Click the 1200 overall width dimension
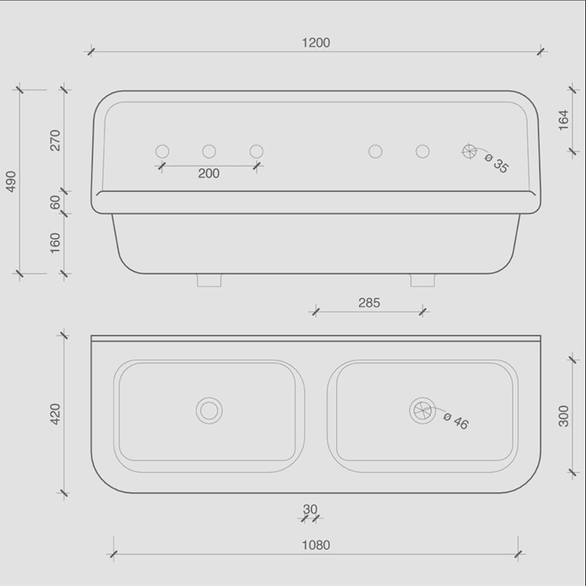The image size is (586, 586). [316, 43]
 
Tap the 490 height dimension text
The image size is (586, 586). [11, 182]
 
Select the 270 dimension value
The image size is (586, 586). [55, 140]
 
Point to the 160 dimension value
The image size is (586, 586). [55, 242]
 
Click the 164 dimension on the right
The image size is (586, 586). [564, 119]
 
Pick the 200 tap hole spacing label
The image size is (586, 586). [209, 174]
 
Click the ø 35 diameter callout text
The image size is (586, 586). [497, 163]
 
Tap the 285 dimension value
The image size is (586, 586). [369, 303]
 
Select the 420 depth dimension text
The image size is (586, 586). [55, 414]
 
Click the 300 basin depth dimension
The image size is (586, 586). [564, 415]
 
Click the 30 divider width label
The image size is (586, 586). [310, 509]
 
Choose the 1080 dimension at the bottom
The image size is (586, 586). [316, 545]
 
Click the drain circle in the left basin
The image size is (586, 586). [209, 410]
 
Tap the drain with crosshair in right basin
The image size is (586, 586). [422, 410]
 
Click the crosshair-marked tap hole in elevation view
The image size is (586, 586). [469, 152]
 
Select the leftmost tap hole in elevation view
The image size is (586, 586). [162, 152]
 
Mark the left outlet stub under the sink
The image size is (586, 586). [209, 280]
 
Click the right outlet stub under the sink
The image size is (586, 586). [421, 280]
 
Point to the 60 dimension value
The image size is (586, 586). [55, 202]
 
